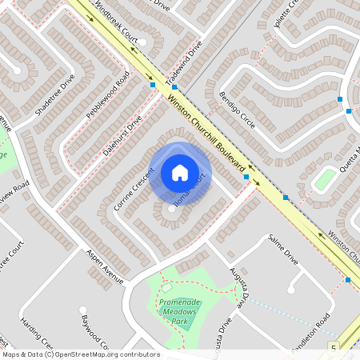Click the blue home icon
(180, 172)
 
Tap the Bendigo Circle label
(237, 111)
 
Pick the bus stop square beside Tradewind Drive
(152, 84)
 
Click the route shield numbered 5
(334, 348)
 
